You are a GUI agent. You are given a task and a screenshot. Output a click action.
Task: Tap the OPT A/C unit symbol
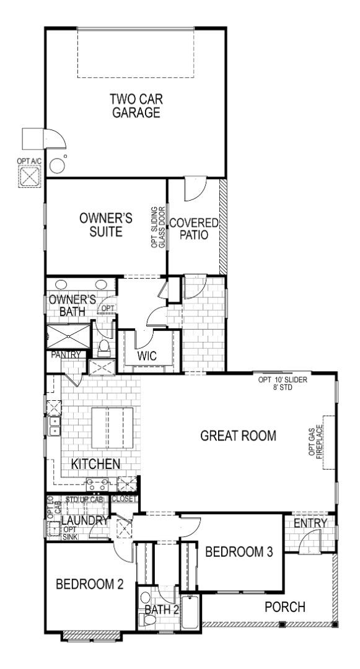29,177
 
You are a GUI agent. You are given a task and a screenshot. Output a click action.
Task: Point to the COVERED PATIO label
195,229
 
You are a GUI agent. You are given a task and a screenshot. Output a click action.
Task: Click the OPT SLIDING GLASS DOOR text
159,227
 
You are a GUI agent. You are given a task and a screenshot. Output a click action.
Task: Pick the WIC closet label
146,357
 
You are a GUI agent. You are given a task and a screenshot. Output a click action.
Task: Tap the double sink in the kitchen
55,426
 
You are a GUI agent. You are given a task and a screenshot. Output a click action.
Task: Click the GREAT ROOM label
238,435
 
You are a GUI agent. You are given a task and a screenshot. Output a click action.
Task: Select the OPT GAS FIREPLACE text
316,442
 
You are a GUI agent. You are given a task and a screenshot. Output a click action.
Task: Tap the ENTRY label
310,524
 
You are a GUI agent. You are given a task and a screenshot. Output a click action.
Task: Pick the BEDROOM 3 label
239,551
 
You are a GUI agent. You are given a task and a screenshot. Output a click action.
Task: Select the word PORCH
285,607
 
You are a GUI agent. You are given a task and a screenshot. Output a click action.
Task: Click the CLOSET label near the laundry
125,498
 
